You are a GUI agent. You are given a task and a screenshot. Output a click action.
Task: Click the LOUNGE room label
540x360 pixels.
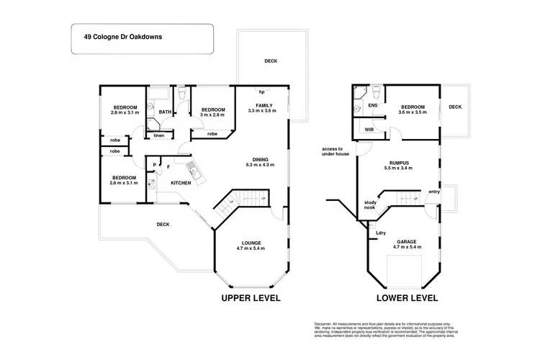(251, 243)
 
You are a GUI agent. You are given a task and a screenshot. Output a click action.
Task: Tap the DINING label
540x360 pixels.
(260, 160)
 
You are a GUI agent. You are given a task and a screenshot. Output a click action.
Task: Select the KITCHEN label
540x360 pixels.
(180, 183)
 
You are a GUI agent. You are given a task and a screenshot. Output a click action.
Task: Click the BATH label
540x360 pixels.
(165, 112)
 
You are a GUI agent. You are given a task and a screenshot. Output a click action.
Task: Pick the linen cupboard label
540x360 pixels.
(159, 135)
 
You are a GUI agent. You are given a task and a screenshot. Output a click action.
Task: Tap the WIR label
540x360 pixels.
(369, 130)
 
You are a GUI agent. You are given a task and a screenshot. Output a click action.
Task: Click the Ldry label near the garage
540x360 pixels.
(382, 232)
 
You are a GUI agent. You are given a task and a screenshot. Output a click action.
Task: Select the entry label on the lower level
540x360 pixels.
(433, 191)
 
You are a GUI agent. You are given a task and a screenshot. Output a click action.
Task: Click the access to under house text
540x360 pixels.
(335, 150)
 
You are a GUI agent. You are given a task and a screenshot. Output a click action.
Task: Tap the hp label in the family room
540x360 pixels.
(262, 92)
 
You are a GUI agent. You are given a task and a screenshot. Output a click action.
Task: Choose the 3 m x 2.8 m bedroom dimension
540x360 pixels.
(212, 114)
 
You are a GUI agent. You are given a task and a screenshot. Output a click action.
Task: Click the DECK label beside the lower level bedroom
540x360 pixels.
(455, 107)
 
